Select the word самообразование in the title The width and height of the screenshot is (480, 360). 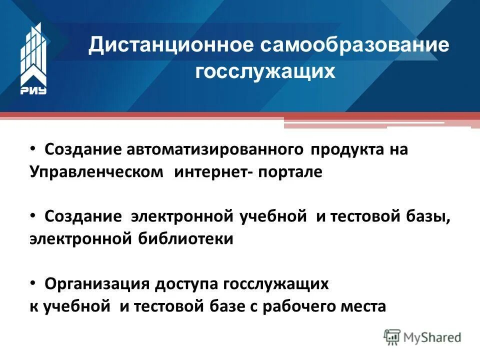[354, 46]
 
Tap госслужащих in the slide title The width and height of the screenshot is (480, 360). [265, 71]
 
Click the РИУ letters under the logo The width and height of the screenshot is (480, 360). [33, 90]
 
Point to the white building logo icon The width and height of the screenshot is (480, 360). [33, 53]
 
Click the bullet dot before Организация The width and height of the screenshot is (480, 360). [32, 283]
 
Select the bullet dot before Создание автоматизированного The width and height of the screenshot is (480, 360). [32, 149]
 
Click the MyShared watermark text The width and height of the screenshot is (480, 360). [433, 337]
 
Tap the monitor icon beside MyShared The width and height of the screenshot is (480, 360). [392, 336]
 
